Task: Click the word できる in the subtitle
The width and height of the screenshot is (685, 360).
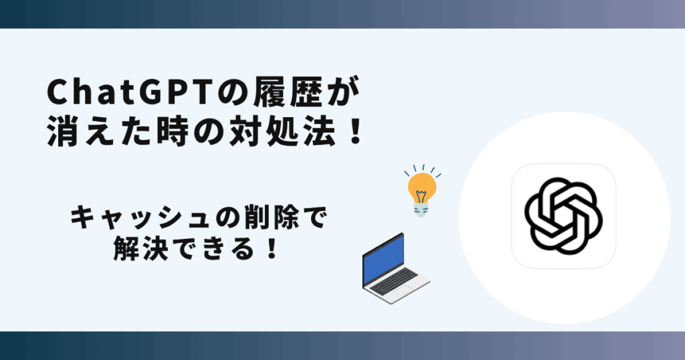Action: tap(213, 250)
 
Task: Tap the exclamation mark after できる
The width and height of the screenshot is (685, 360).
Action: tap(272, 250)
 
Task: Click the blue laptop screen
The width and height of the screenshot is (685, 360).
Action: tap(383, 260)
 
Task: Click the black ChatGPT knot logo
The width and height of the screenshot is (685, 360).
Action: tap(563, 216)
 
